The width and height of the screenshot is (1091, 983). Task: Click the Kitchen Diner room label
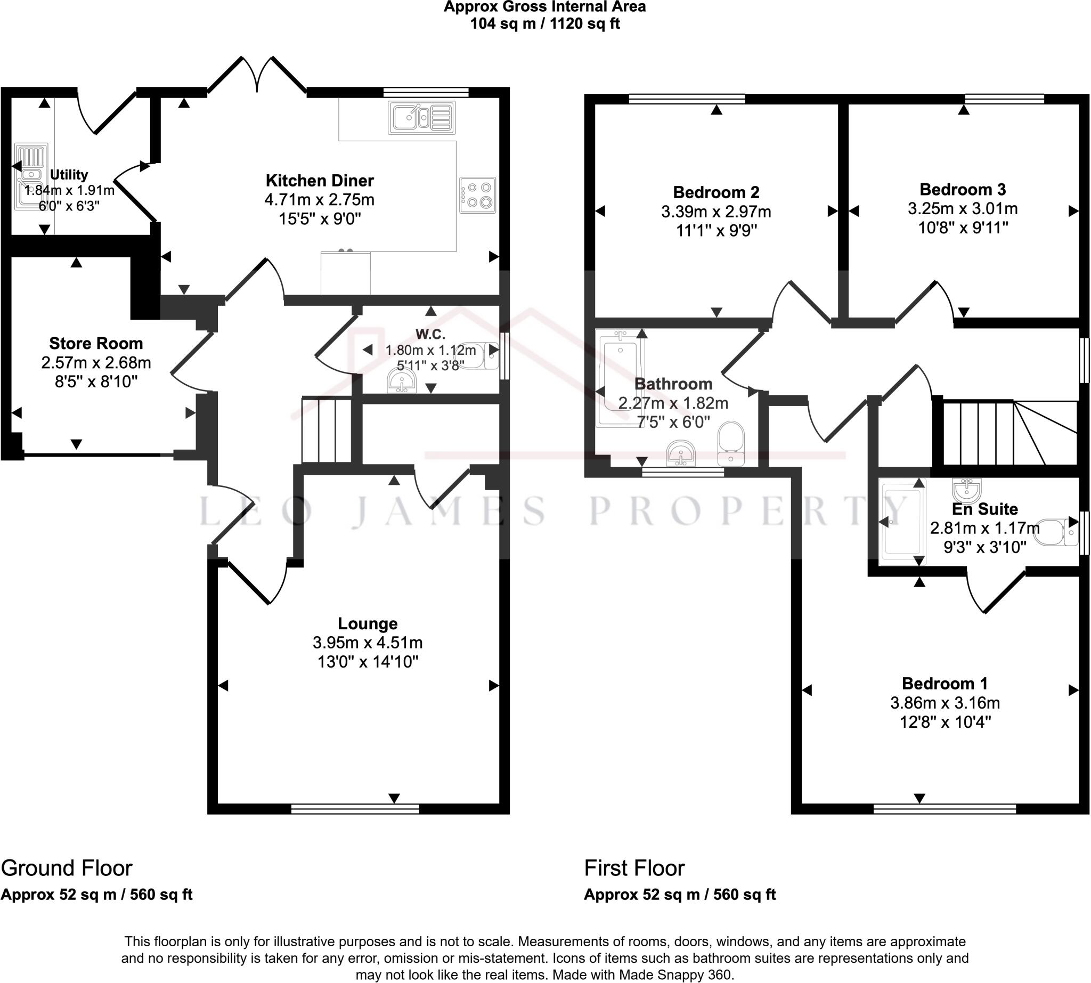coord(320,181)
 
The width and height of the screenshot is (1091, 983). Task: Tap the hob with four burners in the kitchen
coord(478,195)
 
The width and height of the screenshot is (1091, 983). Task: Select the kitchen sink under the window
coord(421,117)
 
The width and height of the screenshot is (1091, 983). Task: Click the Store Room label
coord(96,343)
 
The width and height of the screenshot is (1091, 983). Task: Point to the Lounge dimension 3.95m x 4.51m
coord(368,643)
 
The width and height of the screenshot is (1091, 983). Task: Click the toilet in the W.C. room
coord(477,355)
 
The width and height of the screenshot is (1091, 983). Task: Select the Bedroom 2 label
coord(716,192)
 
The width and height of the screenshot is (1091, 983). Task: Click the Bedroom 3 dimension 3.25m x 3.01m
coord(963,208)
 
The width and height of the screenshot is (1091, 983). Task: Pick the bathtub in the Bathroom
coord(620,379)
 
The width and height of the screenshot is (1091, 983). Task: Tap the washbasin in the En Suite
coord(967,490)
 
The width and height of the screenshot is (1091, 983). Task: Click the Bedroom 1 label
coord(945,684)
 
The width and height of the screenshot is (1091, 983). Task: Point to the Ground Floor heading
coord(67,868)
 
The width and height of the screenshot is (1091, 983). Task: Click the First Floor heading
coord(634,868)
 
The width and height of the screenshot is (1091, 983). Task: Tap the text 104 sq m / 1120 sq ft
coord(545,24)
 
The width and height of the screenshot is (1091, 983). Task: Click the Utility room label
coord(69,174)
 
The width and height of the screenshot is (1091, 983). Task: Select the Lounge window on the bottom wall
coord(355,809)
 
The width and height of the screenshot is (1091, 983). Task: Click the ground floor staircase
coord(327,429)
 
